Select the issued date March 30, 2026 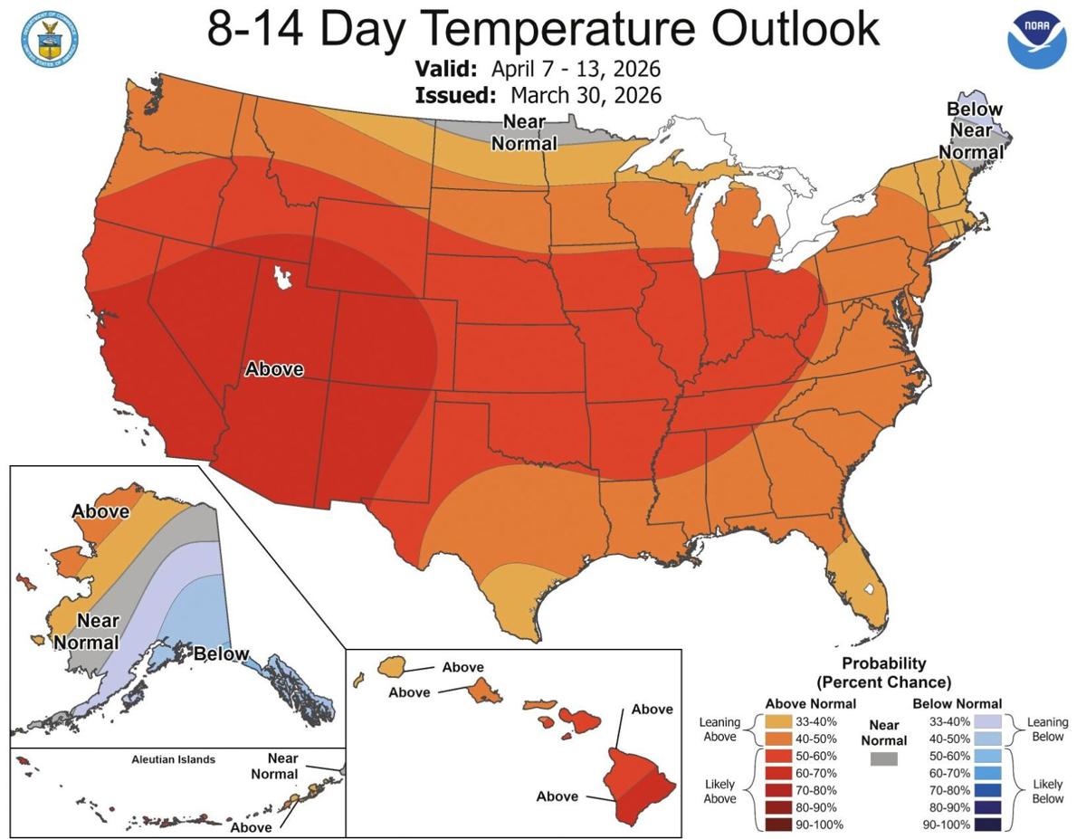pos(586,95)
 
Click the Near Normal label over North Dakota pos(523,132)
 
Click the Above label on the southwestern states pos(274,369)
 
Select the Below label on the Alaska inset pos(221,653)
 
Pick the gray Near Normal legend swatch pos(883,758)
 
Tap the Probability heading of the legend pos(883,663)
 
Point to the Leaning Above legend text pos(719,730)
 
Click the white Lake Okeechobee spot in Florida pos(870,589)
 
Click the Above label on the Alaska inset pos(100,511)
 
